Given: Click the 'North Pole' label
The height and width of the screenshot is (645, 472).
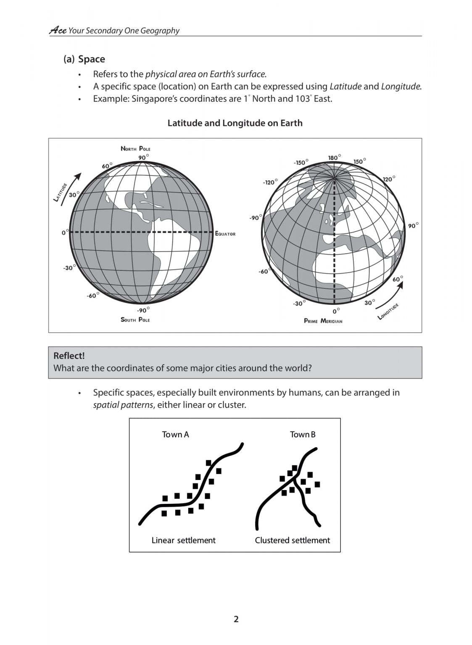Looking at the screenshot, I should (x=135, y=149).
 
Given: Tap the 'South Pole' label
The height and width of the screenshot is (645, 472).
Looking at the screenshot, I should (x=135, y=320).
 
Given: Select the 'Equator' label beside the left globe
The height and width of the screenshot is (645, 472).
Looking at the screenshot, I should (x=225, y=233).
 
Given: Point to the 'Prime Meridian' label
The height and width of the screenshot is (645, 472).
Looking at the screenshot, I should (x=323, y=321).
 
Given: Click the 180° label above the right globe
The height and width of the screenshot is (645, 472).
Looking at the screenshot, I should (x=334, y=157).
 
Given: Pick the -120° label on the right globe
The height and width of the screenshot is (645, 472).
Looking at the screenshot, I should (x=270, y=182).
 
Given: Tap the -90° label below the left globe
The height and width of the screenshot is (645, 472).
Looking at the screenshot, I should (x=143, y=310).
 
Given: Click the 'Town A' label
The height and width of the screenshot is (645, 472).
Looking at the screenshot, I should (x=175, y=434).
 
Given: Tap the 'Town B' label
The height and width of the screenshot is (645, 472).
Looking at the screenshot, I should (x=302, y=434).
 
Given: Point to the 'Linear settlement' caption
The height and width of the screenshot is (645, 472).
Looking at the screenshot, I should (x=183, y=540).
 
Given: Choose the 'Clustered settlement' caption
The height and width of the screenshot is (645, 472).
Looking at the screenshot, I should (x=292, y=540).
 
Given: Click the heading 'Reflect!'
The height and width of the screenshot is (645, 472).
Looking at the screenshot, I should (x=69, y=356).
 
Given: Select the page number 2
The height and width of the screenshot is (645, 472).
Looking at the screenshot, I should (x=236, y=619).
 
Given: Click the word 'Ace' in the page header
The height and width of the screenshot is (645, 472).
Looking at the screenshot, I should (x=58, y=30).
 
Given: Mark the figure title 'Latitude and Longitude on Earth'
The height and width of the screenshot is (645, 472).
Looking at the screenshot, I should (x=235, y=123).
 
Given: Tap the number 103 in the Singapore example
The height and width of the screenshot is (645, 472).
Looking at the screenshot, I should (x=299, y=99).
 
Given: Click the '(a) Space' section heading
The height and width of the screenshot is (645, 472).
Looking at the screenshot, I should (x=84, y=59).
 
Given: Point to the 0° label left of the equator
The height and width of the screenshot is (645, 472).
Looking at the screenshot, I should (x=64, y=232).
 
